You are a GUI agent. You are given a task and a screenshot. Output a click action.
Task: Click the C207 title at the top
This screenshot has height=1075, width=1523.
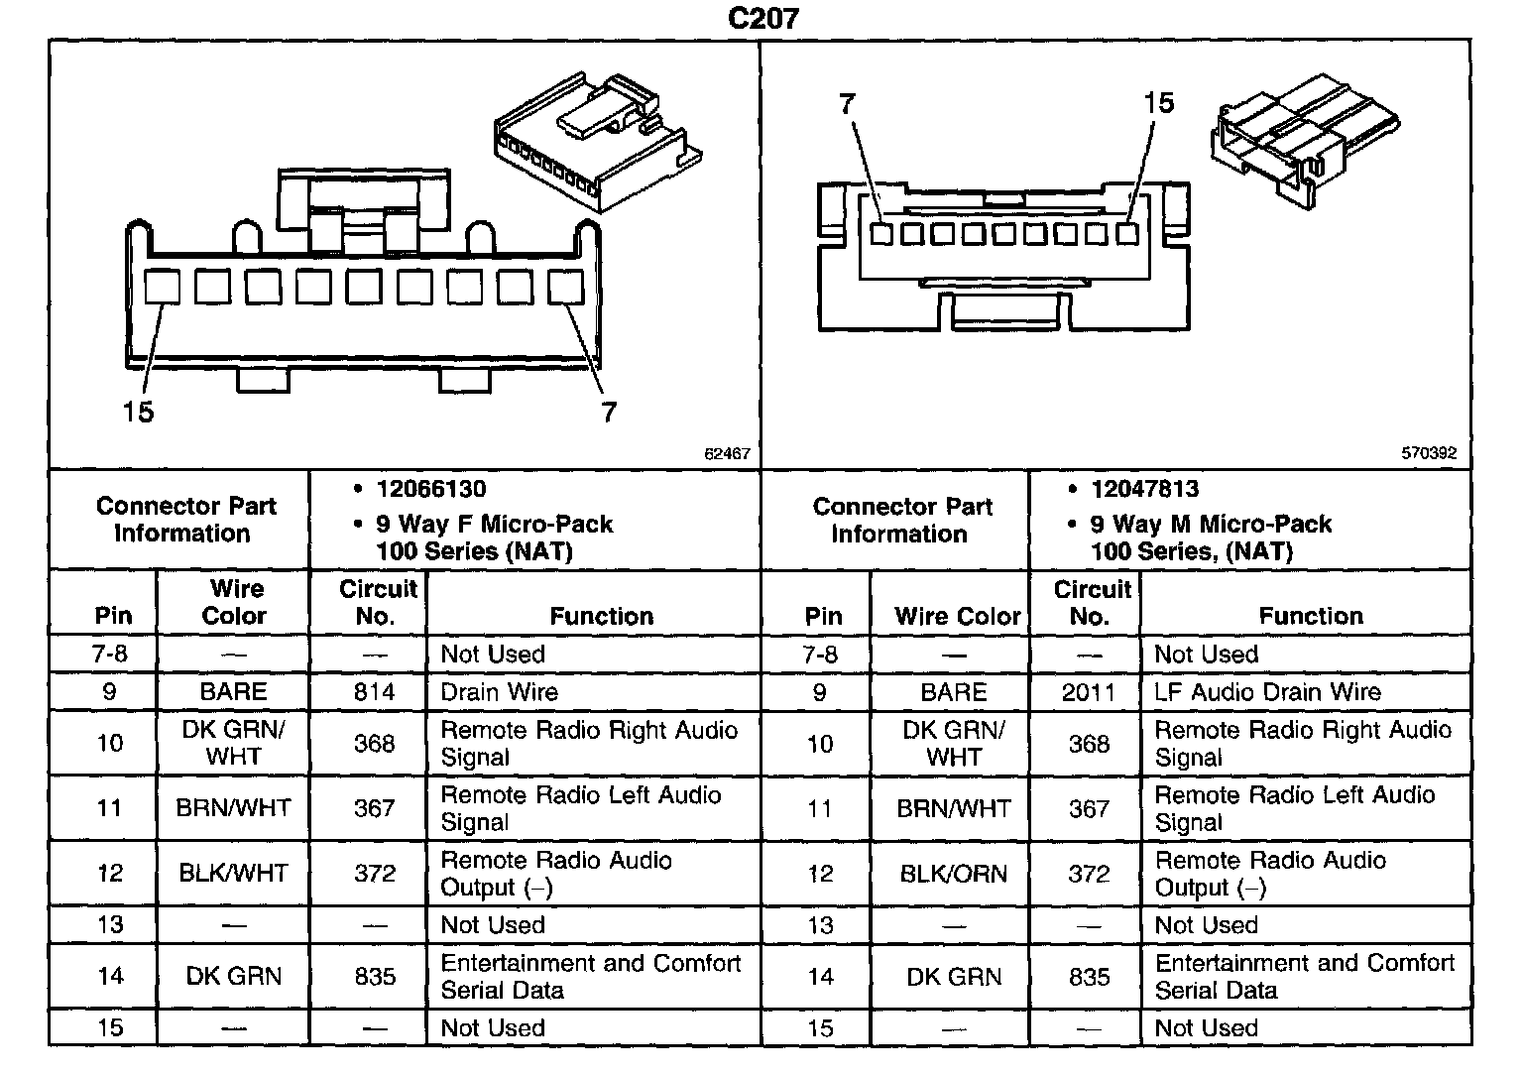coord(762,18)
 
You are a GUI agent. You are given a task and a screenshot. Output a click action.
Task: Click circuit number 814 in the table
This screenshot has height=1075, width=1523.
coord(374,691)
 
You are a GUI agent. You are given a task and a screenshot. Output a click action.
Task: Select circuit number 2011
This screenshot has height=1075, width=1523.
coord(1088,691)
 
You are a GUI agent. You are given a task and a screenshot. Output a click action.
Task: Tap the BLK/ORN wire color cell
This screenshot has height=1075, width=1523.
coord(953,874)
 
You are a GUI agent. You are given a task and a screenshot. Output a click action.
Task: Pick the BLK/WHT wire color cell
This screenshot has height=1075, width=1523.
coord(233,874)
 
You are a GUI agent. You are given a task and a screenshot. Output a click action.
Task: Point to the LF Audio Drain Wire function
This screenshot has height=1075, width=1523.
coord(1267,691)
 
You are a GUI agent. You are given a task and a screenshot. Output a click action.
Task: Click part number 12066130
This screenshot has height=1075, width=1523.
coord(431,489)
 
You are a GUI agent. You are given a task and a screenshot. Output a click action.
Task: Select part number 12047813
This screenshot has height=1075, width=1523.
coord(1144,489)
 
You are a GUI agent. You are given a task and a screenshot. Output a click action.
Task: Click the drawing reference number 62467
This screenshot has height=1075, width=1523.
coord(727,453)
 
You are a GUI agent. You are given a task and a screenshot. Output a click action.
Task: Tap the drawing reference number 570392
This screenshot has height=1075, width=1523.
coord(1429,453)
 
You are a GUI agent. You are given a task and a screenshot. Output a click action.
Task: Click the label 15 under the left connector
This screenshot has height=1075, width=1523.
coord(138,411)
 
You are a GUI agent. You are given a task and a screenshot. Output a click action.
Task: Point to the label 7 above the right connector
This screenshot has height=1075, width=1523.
coord(846,103)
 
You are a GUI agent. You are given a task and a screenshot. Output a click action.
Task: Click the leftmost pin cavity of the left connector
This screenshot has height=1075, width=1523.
coord(162,287)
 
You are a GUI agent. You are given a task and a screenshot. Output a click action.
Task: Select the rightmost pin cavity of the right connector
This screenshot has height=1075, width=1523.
coord(1126,234)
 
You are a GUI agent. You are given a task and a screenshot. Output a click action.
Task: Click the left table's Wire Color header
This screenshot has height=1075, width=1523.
coord(234,602)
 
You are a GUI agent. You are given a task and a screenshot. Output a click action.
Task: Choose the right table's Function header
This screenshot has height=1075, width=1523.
coord(1310,616)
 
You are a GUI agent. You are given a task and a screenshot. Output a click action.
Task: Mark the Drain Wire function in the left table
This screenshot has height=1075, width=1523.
coord(499,691)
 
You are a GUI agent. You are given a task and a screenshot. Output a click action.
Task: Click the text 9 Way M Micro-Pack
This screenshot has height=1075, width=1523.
coord(1211,524)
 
